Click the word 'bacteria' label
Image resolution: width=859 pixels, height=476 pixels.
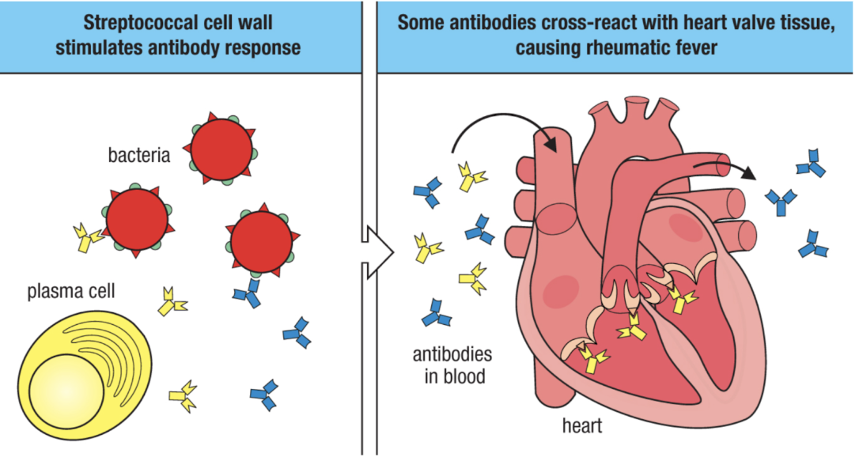[x=139, y=155]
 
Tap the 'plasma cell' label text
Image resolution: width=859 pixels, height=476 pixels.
[x=71, y=292]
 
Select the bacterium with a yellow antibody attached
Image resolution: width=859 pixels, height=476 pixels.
[x=136, y=222]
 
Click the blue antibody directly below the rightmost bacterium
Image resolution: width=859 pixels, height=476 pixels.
[x=248, y=294]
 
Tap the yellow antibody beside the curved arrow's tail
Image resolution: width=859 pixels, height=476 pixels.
[x=471, y=177]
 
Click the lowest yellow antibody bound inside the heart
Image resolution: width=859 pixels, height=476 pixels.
[x=594, y=359]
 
